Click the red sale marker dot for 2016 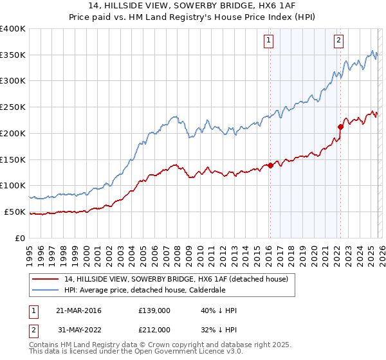tap(270, 165)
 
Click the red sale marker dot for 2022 tap(340, 127)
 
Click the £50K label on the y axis tap(15, 212)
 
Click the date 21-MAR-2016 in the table tap(78, 310)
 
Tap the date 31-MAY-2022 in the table tap(78, 330)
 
